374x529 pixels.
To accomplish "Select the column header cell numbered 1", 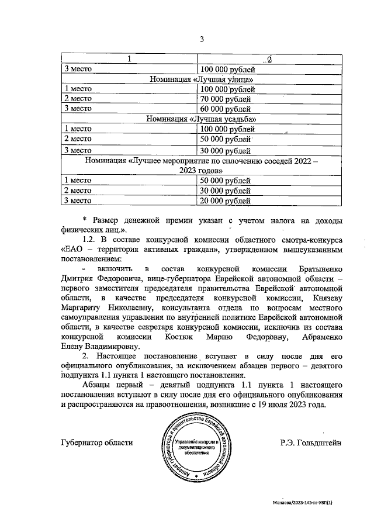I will (130, 59).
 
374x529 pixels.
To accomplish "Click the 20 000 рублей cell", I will (227, 200).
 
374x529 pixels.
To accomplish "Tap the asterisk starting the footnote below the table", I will (85, 220).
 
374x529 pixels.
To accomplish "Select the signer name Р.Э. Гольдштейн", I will (311, 442).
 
